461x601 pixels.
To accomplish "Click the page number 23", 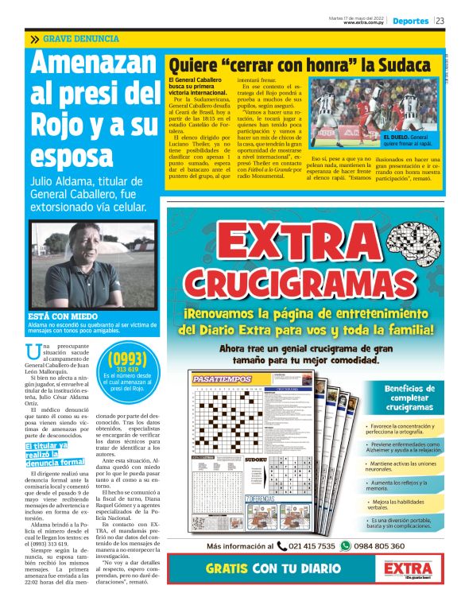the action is point(440,21).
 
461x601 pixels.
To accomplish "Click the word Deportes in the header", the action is point(410,21).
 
